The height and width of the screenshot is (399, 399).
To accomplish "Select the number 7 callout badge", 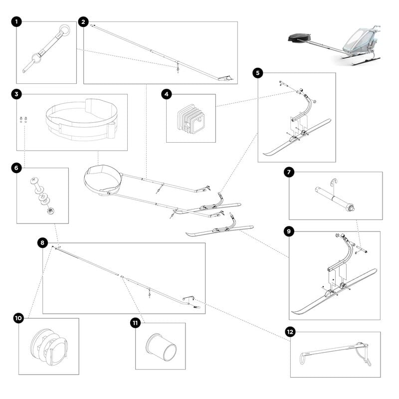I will click(289, 172).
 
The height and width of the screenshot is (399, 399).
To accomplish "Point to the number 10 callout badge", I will click(18, 318).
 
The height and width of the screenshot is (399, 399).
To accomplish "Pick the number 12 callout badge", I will click(290, 332).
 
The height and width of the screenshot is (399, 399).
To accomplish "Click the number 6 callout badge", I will click(16, 168).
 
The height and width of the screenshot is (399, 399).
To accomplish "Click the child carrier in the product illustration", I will click(360, 43).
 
